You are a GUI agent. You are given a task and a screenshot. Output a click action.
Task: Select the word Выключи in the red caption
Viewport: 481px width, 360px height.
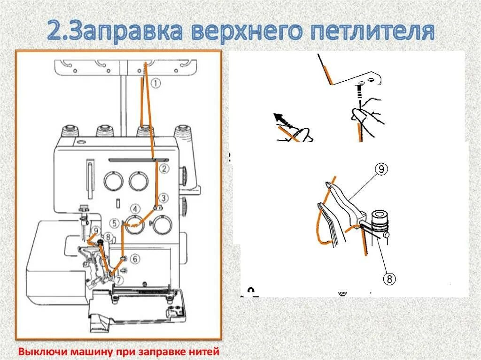click(37, 351)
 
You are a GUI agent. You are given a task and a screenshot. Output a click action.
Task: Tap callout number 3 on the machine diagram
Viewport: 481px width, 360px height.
click(163, 198)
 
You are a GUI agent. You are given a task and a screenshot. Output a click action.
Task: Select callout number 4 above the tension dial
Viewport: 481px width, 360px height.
click(135, 209)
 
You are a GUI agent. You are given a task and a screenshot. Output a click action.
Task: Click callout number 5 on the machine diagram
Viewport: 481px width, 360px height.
click(115, 223)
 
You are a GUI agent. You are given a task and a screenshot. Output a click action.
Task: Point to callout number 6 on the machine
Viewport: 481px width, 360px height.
click(134, 259)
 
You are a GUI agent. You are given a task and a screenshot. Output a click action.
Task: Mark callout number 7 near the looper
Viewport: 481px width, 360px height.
click(119, 281)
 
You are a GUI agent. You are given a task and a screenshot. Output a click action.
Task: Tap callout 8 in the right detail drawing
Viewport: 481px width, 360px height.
click(389, 279)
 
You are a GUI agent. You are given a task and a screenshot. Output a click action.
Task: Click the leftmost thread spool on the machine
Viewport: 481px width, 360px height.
click(70, 131)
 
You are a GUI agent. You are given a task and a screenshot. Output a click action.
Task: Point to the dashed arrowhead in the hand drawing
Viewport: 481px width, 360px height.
click(277, 116)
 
